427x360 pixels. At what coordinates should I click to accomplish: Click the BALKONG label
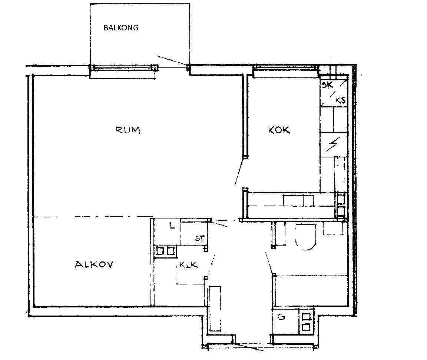[121, 27]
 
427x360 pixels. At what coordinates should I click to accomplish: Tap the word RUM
[128, 130]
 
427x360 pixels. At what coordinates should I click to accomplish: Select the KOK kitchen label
[279, 130]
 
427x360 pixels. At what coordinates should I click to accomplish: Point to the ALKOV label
[94, 264]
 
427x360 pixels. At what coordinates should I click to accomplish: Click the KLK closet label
[188, 265]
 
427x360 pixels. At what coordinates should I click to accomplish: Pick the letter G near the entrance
[281, 317]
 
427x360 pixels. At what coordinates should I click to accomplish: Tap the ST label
[200, 239]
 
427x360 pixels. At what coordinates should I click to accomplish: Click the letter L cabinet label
[172, 226]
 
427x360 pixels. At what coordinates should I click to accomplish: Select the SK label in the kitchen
[327, 85]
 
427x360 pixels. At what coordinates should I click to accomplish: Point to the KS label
[340, 100]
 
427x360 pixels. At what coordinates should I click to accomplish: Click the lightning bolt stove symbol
[333, 144]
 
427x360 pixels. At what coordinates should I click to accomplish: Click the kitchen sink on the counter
[298, 200]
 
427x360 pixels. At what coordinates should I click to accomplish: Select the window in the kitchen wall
[286, 69]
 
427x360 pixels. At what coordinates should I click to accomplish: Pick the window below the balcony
[124, 67]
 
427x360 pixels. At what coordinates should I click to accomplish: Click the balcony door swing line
[172, 60]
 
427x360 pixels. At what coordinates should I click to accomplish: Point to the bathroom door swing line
[269, 263]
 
